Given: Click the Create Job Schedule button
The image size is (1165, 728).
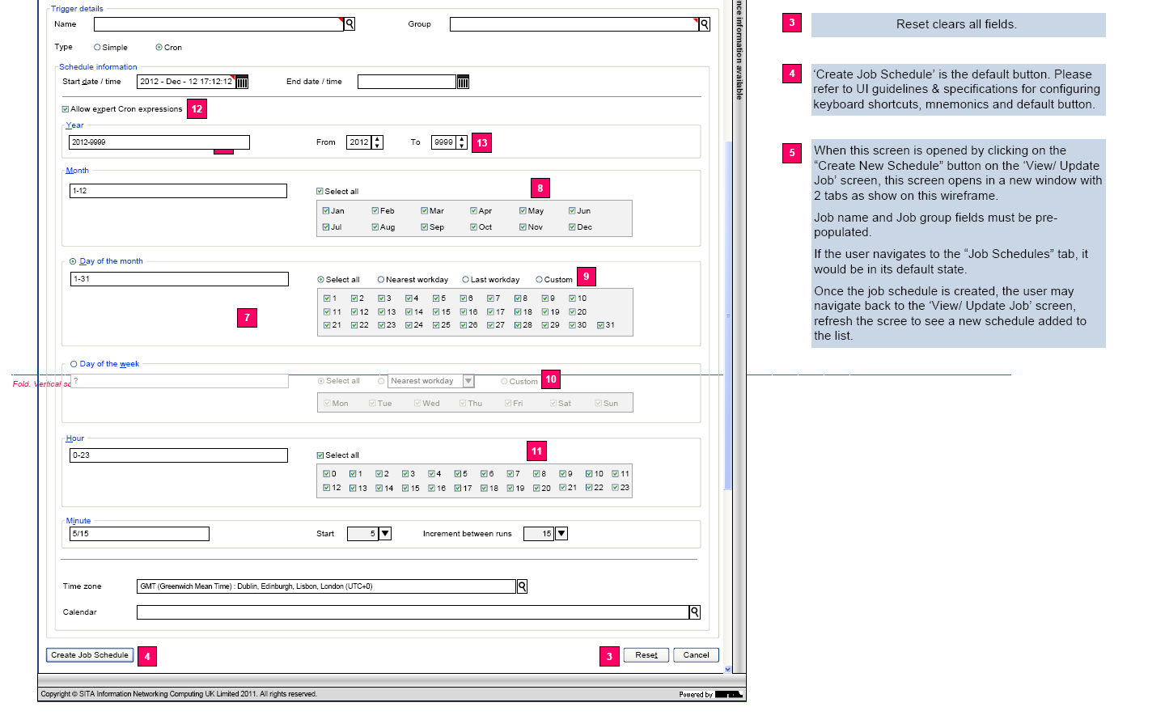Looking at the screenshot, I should [90, 655].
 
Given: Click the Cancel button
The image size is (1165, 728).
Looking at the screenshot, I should [696, 655].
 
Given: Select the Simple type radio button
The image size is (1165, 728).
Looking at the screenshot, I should [98, 48].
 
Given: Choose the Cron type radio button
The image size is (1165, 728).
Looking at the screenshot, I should [159, 48].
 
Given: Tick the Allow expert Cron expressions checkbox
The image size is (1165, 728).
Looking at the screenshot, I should [66, 109].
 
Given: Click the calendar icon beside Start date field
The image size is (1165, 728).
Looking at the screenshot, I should [242, 82].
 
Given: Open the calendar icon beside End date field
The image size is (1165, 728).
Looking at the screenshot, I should [463, 82].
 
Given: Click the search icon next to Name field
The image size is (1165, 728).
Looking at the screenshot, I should [349, 24].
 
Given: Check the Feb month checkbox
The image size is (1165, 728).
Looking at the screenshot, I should [375, 211].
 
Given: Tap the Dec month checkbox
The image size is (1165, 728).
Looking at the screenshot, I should [572, 227].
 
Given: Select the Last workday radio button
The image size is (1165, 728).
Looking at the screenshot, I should [466, 280].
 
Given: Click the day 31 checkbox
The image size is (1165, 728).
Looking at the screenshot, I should [600, 325].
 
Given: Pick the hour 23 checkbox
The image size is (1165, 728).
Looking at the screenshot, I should [616, 488].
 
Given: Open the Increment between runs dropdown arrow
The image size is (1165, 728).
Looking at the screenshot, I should [561, 534].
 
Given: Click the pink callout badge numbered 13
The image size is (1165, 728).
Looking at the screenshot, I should [481, 143].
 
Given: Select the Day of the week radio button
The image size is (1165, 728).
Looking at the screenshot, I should [74, 365].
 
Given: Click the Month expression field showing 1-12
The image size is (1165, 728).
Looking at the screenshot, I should [178, 191].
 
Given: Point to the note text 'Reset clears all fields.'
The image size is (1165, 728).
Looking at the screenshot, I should [956, 24].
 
